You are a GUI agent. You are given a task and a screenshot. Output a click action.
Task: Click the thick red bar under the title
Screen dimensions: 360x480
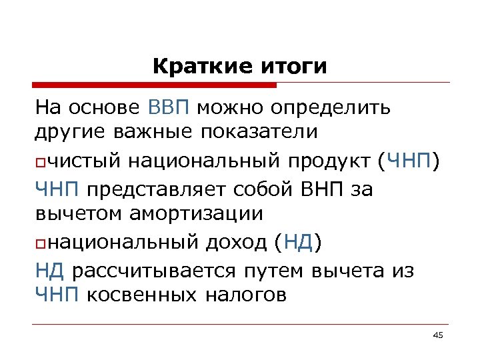[x=155, y=85]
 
